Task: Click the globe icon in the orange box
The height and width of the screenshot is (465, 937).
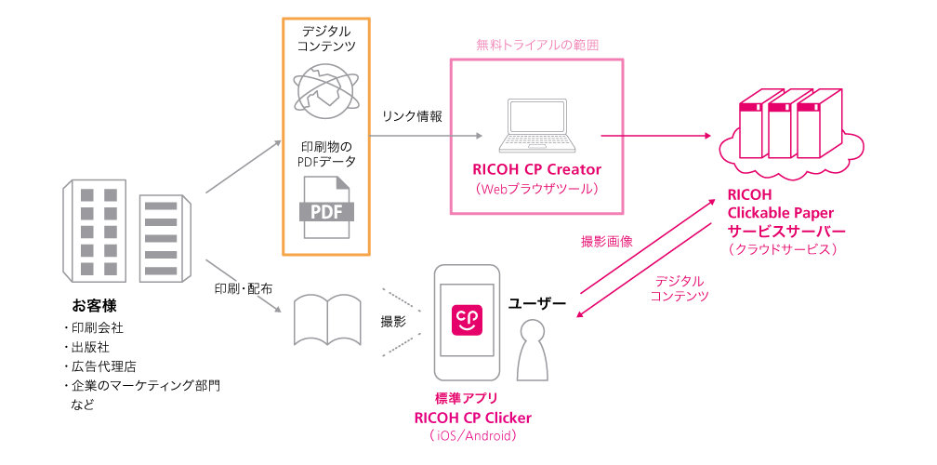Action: pyautogui.click(x=325, y=89)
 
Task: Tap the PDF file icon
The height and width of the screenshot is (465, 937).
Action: pyautogui.click(x=325, y=206)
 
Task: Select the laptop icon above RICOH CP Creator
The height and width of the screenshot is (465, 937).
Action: pyautogui.click(x=536, y=126)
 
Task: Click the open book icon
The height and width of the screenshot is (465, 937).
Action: pyautogui.click(x=327, y=320)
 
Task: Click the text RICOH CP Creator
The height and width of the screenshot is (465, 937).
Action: pyautogui.click(x=536, y=170)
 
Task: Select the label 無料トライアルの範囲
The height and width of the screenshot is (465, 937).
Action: pyautogui.click(x=536, y=44)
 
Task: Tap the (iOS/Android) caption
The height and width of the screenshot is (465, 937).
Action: pyautogui.click(x=473, y=434)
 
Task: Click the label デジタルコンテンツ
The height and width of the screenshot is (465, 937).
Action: pyautogui.click(x=680, y=288)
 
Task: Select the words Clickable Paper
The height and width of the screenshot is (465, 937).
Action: pyautogui.click(x=780, y=213)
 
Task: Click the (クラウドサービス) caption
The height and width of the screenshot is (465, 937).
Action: pyautogui.click(x=783, y=249)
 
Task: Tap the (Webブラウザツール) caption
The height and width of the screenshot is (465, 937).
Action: pyautogui.click(x=536, y=189)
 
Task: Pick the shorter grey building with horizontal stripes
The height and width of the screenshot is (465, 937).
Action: pyautogui.click(x=164, y=238)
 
